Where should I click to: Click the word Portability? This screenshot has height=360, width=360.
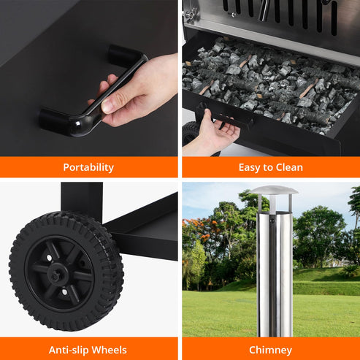tap(88, 167)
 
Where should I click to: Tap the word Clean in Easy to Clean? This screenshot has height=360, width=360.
tap(288, 167)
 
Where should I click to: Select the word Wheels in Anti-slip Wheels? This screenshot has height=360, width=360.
tap(108, 350)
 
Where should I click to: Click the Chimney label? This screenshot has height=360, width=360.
tap(270, 350)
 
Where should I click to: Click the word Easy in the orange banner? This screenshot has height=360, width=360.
tap(250, 167)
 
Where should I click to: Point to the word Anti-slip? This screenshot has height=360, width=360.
tap(69, 350)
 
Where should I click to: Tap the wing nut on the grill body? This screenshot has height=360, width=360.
tap(190, 13)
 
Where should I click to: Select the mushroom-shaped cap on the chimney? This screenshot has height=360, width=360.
tap(274, 191)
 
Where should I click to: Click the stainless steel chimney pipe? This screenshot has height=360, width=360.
tap(274, 270)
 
